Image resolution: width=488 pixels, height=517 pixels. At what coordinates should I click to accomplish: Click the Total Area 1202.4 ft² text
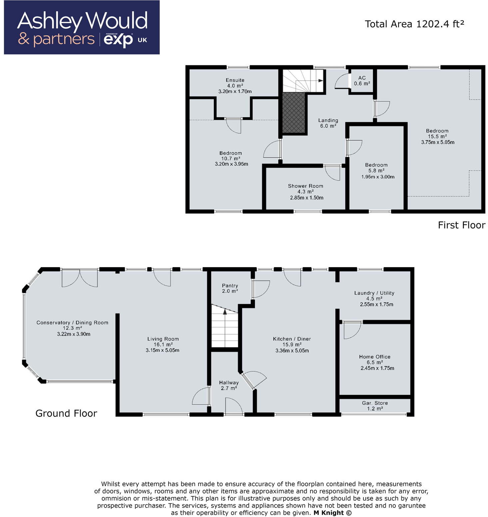coord(414,24)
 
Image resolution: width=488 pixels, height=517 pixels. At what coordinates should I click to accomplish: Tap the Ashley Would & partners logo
coord(82,28)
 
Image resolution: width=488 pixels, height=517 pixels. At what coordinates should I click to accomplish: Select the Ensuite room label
coord(235,80)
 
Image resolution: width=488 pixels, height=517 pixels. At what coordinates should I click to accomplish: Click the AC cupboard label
coord(362,78)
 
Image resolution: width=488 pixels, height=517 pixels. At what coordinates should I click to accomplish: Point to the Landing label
coord(328,120)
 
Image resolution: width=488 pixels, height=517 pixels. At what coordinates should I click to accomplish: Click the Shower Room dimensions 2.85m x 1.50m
coord(306,198)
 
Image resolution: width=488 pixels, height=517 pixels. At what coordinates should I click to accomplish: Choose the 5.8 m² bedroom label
coord(376,165)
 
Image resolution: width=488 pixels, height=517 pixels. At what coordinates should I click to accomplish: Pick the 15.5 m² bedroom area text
coord(437,136)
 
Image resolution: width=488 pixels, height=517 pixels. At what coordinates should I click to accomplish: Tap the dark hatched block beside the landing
coord(293,113)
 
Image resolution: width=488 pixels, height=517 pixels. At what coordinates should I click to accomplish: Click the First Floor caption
coord(461,225)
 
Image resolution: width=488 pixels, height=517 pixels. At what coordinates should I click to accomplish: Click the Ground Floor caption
coord(66,413)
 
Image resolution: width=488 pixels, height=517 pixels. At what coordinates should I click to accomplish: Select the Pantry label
coord(230,285)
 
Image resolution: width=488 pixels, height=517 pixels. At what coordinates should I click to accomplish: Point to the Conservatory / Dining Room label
coord(72,322)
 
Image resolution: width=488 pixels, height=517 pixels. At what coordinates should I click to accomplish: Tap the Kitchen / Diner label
coord(292,339)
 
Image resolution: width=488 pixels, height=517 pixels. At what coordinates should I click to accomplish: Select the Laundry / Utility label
coord(374,293)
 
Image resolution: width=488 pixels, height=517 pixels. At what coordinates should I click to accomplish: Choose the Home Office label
coord(374,356)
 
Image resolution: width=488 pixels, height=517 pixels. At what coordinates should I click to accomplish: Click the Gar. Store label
coord(375,403)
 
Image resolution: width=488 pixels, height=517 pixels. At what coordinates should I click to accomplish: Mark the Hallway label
coord(229,383)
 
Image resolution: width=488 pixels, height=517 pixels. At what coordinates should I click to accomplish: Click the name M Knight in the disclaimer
coord(328,513)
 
